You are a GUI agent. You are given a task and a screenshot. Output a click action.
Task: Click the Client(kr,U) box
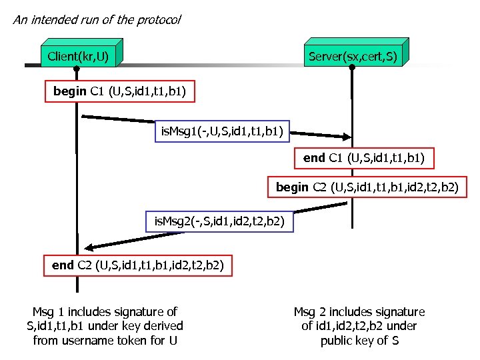(x=79, y=56)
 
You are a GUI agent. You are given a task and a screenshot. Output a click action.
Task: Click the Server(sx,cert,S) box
(x=353, y=56)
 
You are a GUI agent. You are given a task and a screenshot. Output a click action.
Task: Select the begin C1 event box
(x=119, y=91)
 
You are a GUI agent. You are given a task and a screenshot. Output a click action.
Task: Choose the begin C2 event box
(x=367, y=187)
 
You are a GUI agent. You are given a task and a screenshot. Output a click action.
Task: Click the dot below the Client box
(x=76, y=69)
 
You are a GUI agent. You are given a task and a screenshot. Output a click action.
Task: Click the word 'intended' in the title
(x=56, y=19)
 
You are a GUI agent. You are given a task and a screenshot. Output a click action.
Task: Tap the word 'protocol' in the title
(x=158, y=19)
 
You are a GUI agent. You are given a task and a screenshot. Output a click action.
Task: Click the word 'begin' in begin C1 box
(x=70, y=91)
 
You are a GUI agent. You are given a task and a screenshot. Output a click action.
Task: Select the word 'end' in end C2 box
(x=63, y=265)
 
